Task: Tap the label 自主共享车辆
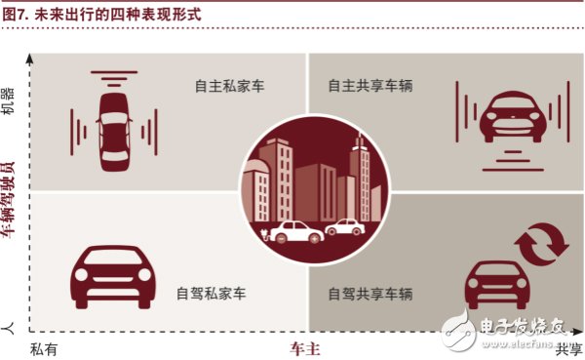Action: (x=370, y=86)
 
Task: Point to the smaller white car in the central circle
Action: (x=344, y=227)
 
